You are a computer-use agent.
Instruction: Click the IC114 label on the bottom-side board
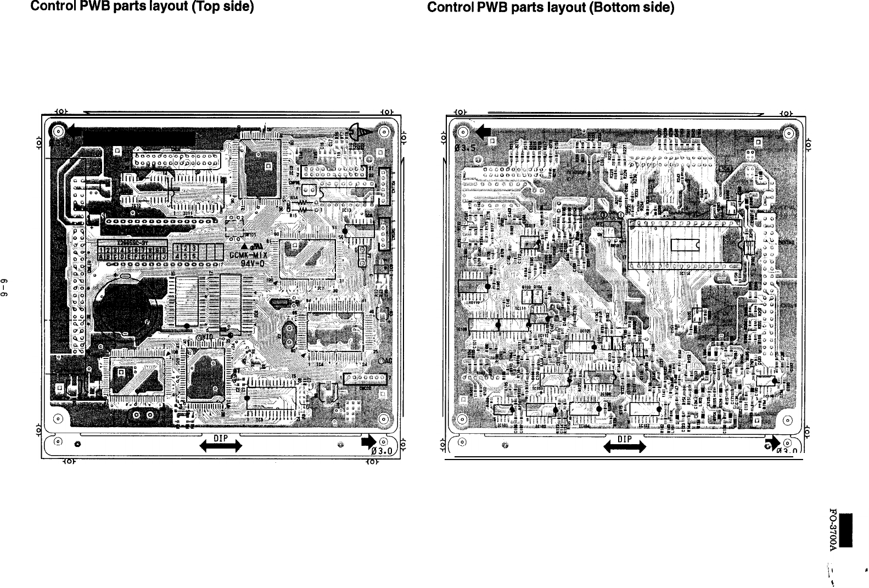pyautogui.click(x=685, y=273)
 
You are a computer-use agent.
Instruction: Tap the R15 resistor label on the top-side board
pyautogui.click(x=294, y=216)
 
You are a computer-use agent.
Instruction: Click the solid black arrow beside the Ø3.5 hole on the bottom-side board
pyautogui.click(x=484, y=132)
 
